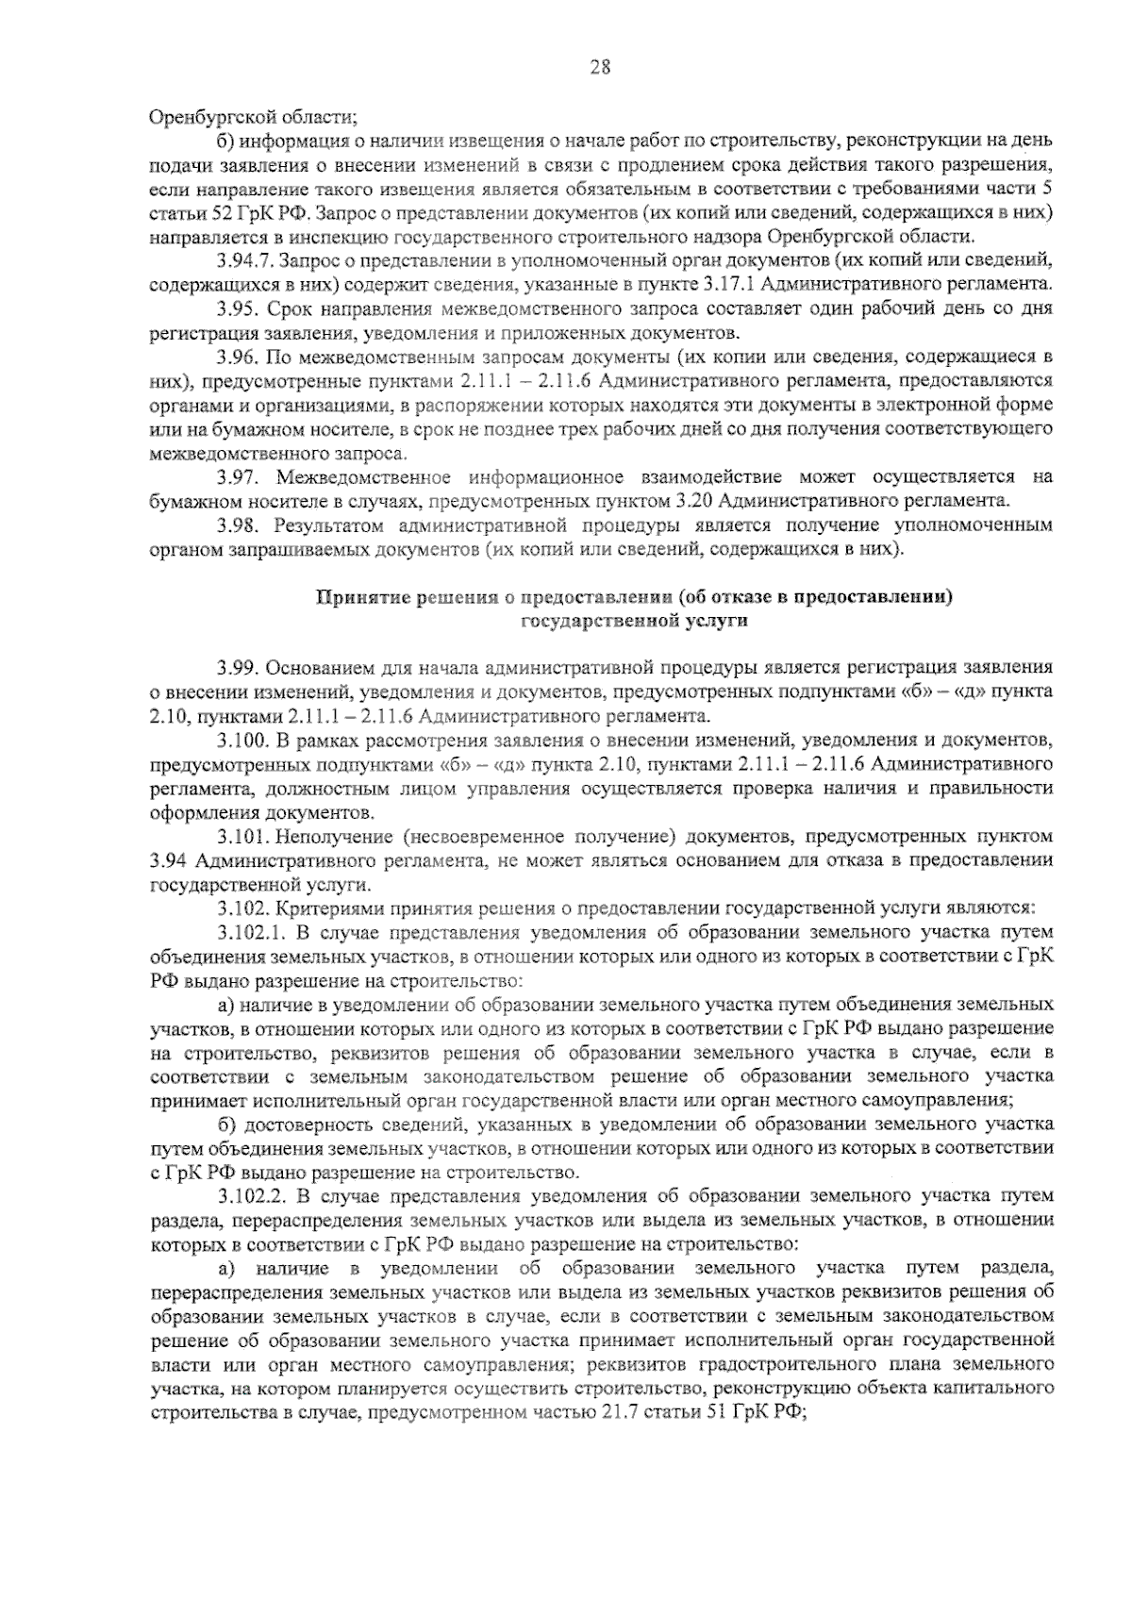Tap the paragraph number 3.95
click(x=236, y=308)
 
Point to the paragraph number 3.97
click(x=236, y=476)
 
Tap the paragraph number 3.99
click(x=236, y=669)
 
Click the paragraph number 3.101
click(x=241, y=836)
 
